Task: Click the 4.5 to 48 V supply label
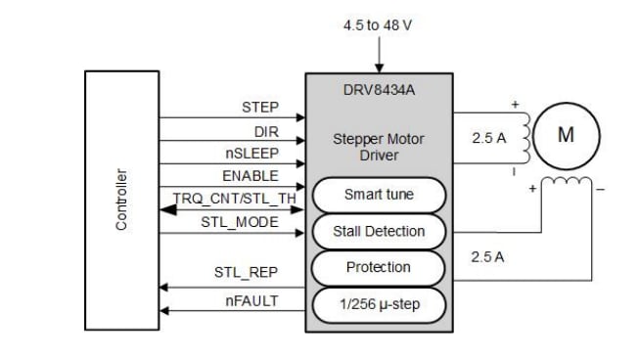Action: point(379,24)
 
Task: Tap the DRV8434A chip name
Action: point(379,90)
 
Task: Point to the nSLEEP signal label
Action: point(252,153)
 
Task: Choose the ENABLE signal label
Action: point(251,176)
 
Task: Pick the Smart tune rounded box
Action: point(379,195)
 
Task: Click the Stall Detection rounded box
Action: point(379,231)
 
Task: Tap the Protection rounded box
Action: point(379,267)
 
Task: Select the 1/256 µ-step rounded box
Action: point(379,304)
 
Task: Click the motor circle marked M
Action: point(565,136)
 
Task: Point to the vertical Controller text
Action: point(121,200)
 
